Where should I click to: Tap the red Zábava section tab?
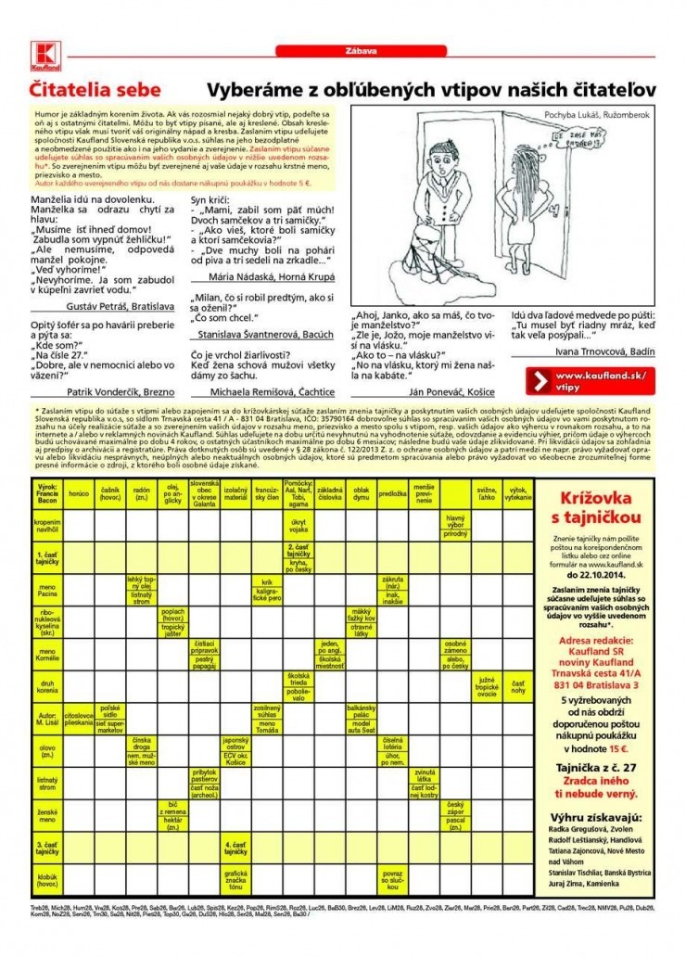342,52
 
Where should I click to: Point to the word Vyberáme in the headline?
252,90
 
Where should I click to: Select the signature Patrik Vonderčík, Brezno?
114,391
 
